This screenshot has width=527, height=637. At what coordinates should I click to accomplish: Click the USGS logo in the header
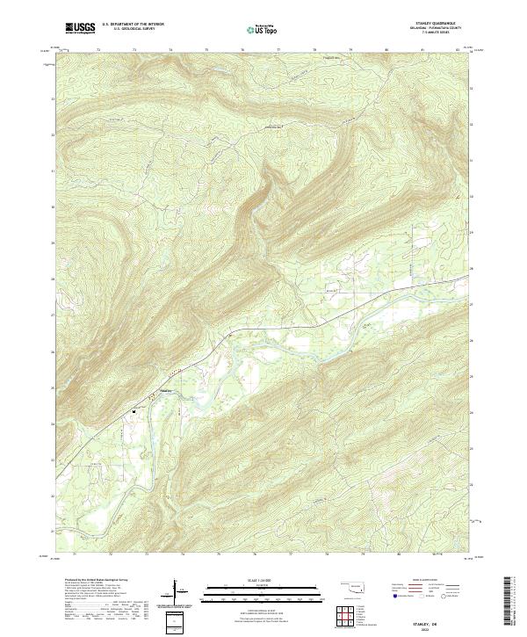click(x=81, y=28)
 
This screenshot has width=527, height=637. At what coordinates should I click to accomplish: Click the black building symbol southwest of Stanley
click(x=134, y=409)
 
